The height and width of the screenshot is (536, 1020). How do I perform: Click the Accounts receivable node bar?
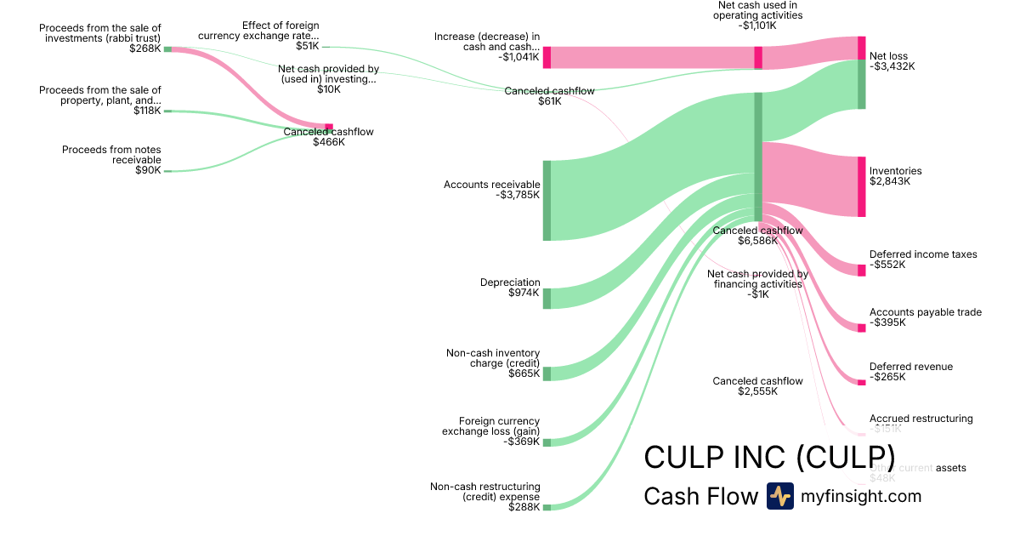pyautogui.click(x=547, y=200)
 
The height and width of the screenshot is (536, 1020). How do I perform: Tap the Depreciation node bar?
pyautogui.click(x=547, y=298)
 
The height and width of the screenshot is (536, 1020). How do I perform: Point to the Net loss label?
pyautogui.click(x=888, y=56)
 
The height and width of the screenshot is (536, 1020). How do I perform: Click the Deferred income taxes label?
pyautogui.click(x=923, y=254)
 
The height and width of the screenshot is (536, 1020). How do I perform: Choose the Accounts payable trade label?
pyautogui.click(x=925, y=312)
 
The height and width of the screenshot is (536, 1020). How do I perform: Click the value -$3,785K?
pyautogui.click(x=518, y=195)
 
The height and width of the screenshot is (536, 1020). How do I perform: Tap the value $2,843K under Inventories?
pyautogui.click(x=889, y=181)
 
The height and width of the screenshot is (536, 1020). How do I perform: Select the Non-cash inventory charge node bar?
pyautogui.click(x=547, y=373)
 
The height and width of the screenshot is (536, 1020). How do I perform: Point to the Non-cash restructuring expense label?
pyautogui.click(x=484, y=491)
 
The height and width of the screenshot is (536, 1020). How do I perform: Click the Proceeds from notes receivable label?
pyautogui.click(x=111, y=155)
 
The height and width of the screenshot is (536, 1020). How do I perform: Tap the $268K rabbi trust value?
pyautogui.click(x=146, y=48)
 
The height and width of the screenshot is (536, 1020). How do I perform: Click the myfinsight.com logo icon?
pyautogui.click(x=779, y=496)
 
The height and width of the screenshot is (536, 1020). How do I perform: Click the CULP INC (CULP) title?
pyautogui.click(x=769, y=456)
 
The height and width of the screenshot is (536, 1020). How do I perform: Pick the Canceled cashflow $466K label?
pyautogui.click(x=328, y=132)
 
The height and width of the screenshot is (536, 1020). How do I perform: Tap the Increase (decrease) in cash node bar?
pyautogui.click(x=547, y=57)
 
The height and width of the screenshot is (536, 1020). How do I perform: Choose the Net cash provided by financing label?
pyautogui.click(x=757, y=279)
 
